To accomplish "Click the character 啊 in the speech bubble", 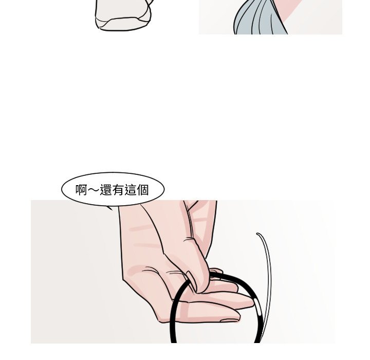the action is click(82, 190).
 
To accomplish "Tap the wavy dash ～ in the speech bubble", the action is click(94, 190).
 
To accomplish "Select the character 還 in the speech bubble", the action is click(106, 190).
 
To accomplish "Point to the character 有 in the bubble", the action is click(118, 190).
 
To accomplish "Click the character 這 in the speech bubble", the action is click(131, 190).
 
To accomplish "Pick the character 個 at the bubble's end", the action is click(142, 190).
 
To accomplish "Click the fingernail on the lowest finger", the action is click(229, 320).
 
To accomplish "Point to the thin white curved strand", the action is click(267, 283).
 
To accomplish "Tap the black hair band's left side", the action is click(174, 314).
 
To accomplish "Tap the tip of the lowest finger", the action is click(239, 316).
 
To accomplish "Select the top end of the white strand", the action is click(257, 234).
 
